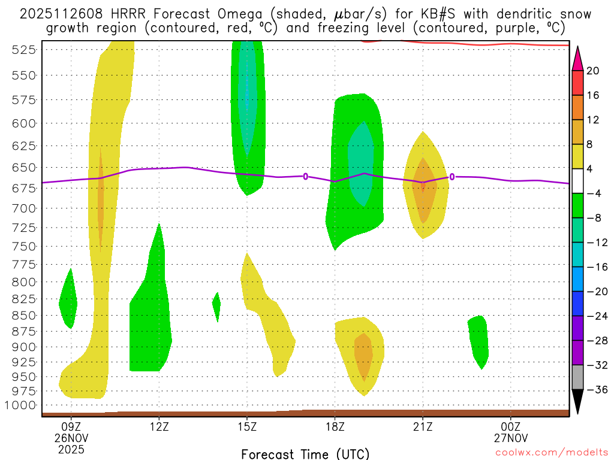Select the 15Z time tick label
coord(247,428)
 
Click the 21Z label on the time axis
coord(423,428)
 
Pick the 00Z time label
coord(511,428)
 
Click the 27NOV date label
coord(511,438)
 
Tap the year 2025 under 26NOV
coord(72,449)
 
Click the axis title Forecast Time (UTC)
coord(305,453)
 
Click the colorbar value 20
coord(593,71)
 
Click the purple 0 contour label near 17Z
coord(306,176)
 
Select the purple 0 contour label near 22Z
coord(452,177)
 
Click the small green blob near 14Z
coord(216,306)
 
